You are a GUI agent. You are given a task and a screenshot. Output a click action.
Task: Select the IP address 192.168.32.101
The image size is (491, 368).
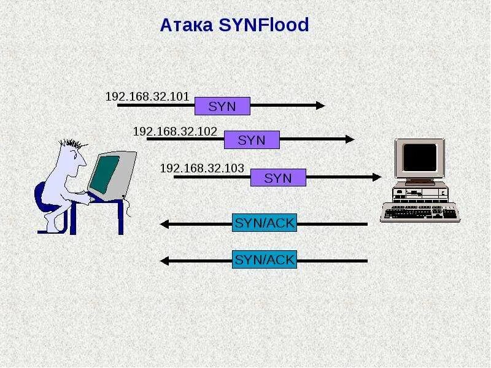coord(147,97)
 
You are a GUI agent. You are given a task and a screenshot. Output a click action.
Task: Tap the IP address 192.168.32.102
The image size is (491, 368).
coord(175,131)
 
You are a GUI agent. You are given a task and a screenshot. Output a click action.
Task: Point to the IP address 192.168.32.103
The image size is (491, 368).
coord(202,167)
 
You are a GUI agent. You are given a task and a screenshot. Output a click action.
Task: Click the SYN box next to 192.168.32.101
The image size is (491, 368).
coord(222,106)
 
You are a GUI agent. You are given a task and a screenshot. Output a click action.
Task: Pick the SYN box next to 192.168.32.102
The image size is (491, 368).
coord(252,140)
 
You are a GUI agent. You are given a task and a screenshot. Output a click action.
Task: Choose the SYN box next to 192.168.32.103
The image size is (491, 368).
coord(278,177)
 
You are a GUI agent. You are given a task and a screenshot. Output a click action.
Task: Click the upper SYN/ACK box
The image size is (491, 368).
coord(265,223)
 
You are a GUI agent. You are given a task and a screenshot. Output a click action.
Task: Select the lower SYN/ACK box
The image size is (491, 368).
coord(265,260)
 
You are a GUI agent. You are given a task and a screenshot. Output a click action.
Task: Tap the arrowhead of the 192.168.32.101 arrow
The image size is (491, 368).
coord(320,105)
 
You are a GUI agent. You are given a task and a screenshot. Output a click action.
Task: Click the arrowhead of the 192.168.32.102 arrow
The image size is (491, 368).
coord(350,139)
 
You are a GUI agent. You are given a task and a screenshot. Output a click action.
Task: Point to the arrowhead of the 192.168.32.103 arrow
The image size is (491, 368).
coord(377,177)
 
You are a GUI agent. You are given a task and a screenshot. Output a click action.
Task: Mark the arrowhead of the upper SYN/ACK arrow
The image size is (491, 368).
coord(164,224)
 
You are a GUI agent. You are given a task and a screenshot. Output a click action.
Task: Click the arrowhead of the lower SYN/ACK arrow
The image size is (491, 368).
coord(164,261)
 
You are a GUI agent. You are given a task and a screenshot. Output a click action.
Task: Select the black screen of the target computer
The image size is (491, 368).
coord(420,158)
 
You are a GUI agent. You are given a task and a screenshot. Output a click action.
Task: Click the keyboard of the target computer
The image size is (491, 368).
coord(420,212)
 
